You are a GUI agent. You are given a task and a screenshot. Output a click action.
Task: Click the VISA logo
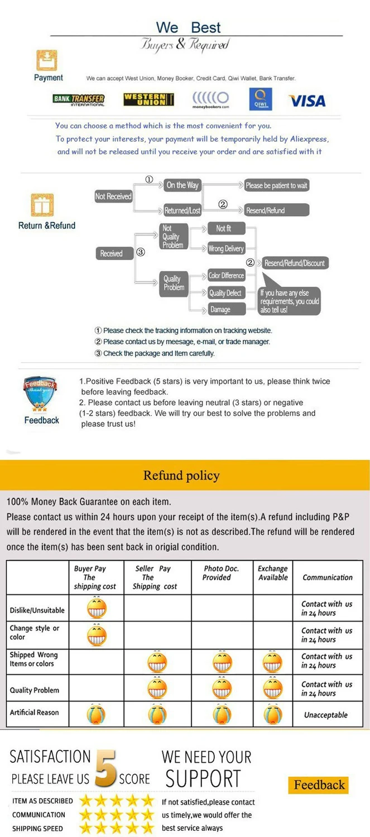(x=306, y=101)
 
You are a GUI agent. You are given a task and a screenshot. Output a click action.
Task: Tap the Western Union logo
(x=148, y=100)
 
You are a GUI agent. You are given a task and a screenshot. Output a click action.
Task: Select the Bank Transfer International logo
(x=79, y=100)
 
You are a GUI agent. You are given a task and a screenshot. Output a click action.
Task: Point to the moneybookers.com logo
(x=210, y=100)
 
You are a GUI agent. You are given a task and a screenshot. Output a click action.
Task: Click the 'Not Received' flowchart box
(x=113, y=196)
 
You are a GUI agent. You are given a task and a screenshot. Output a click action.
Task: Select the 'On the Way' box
(x=182, y=185)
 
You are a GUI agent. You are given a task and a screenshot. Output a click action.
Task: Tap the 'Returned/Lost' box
(x=182, y=211)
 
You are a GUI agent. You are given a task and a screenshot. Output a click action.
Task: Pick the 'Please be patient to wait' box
(x=276, y=185)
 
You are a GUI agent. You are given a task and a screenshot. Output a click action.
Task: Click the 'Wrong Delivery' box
(x=226, y=249)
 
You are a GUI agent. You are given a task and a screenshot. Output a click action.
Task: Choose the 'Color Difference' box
(x=226, y=276)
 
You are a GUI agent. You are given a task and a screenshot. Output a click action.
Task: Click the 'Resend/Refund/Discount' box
(x=294, y=263)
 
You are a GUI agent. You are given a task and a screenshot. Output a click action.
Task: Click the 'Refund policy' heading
(x=181, y=475)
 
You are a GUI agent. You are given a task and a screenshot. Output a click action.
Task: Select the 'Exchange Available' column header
(x=273, y=573)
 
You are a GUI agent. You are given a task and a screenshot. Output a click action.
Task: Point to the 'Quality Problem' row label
(x=34, y=690)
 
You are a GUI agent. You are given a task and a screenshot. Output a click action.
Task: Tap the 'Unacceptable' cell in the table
(x=326, y=715)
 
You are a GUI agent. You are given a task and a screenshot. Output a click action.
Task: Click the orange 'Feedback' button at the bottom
(x=319, y=785)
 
